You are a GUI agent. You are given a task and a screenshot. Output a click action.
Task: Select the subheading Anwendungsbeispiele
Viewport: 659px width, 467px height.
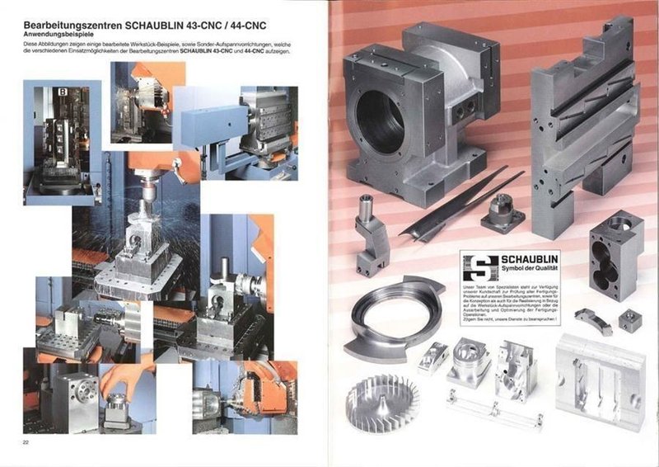point(63,35)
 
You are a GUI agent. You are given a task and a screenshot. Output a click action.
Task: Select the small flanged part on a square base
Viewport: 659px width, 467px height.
point(502,212)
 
